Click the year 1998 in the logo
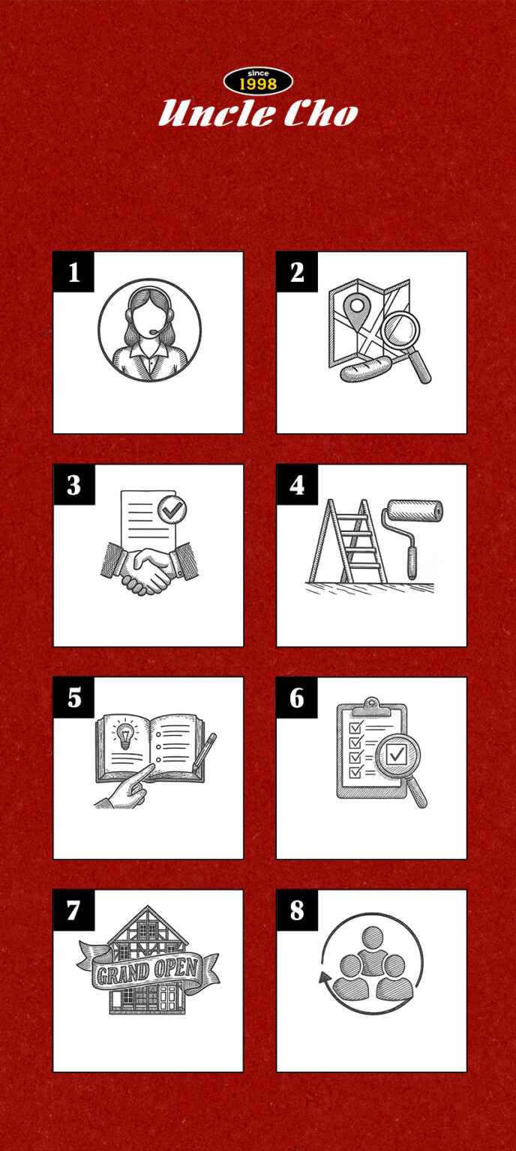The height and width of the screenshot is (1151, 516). (258, 85)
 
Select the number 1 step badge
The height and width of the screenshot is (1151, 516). (73, 272)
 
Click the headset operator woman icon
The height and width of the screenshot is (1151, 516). (149, 330)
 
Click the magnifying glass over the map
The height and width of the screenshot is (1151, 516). (406, 344)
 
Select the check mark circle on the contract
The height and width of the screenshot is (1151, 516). (172, 510)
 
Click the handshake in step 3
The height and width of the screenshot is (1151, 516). (149, 570)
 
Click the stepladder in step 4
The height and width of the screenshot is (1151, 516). (348, 540)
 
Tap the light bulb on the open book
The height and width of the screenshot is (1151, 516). (124, 735)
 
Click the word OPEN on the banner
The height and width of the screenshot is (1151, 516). (176, 968)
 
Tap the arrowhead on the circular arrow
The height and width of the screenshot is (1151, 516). (325, 977)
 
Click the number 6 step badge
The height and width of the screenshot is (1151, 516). (297, 698)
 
